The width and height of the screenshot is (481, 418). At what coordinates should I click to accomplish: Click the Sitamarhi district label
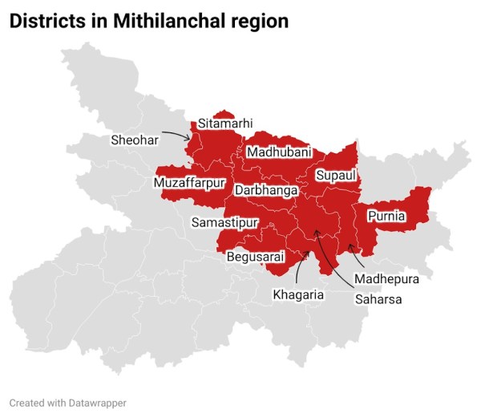[225, 124]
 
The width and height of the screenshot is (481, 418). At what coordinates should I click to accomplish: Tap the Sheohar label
[135, 140]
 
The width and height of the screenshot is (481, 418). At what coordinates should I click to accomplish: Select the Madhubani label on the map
[279, 152]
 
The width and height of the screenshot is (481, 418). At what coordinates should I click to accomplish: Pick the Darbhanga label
[266, 191]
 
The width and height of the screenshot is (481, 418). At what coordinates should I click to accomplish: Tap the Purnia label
[386, 217]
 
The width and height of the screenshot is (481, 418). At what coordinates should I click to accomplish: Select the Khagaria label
[297, 294]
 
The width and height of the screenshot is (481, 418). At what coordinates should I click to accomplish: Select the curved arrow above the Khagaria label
[300, 266]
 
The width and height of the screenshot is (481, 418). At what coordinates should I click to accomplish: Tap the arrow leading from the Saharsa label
[333, 261]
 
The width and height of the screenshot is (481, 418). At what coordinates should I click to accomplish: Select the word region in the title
[260, 22]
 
